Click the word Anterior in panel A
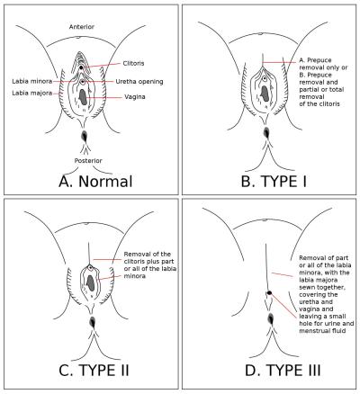pyautogui.click(x=82, y=27)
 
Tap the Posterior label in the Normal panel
pyautogui.click(x=88, y=161)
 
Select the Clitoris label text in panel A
pyautogui.click(x=133, y=63)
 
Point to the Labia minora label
pyautogui.click(x=32, y=81)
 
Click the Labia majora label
pyautogui.click(x=32, y=93)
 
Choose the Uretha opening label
pyautogui.click(x=139, y=82)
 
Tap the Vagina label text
pyautogui.click(x=135, y=97)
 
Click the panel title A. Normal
pyautogui.click(x=95, y=182)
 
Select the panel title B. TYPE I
pyautogui.click(x=274, y=181)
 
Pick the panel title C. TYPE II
pyautogui.click(x=94, y=370)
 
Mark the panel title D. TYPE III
pyautogui.click(x=283, y=370)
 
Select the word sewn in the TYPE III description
pyautogui.click(x=306, y=287)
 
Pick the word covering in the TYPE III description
pyautogui.click(x=312, y=295)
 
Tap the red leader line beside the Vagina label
pyautogui.click(x=104, y=98)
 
